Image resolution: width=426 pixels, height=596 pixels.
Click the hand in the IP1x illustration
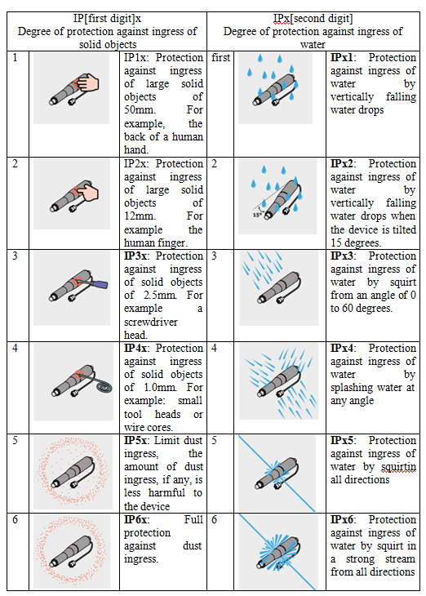tap(90, 82)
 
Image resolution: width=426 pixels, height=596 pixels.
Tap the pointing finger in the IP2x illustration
tap(89, 192)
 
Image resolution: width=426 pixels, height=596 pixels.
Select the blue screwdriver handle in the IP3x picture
tap(100, 283)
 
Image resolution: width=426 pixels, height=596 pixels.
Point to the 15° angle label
tap(257, 216)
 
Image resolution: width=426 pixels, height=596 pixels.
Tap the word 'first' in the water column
tap(221, 58)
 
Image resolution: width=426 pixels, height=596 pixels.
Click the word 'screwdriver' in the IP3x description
tap(151, 322)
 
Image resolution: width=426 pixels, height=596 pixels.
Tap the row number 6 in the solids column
tap(16, 519)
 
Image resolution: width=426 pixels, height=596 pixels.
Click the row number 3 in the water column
tap(215, 256)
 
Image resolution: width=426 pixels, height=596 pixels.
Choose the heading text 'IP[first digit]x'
tap(107, 19)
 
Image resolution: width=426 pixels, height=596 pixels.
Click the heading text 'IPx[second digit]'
tap(313, 19)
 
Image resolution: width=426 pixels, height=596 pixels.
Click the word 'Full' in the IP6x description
tap(193, 519)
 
